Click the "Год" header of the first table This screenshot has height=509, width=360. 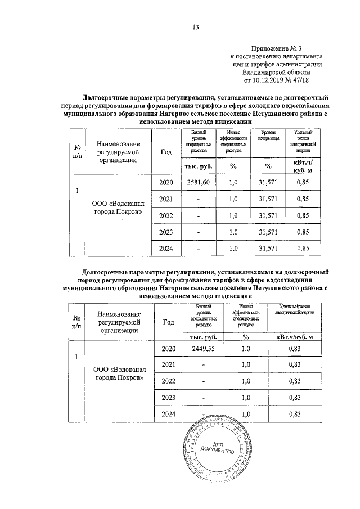click(x=166, y=151)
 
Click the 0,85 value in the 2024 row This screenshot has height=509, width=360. click(x=302, y=248)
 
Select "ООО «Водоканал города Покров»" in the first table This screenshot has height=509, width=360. click(x=117, y=208)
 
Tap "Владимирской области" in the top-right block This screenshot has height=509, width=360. click(x=276, y=73)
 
